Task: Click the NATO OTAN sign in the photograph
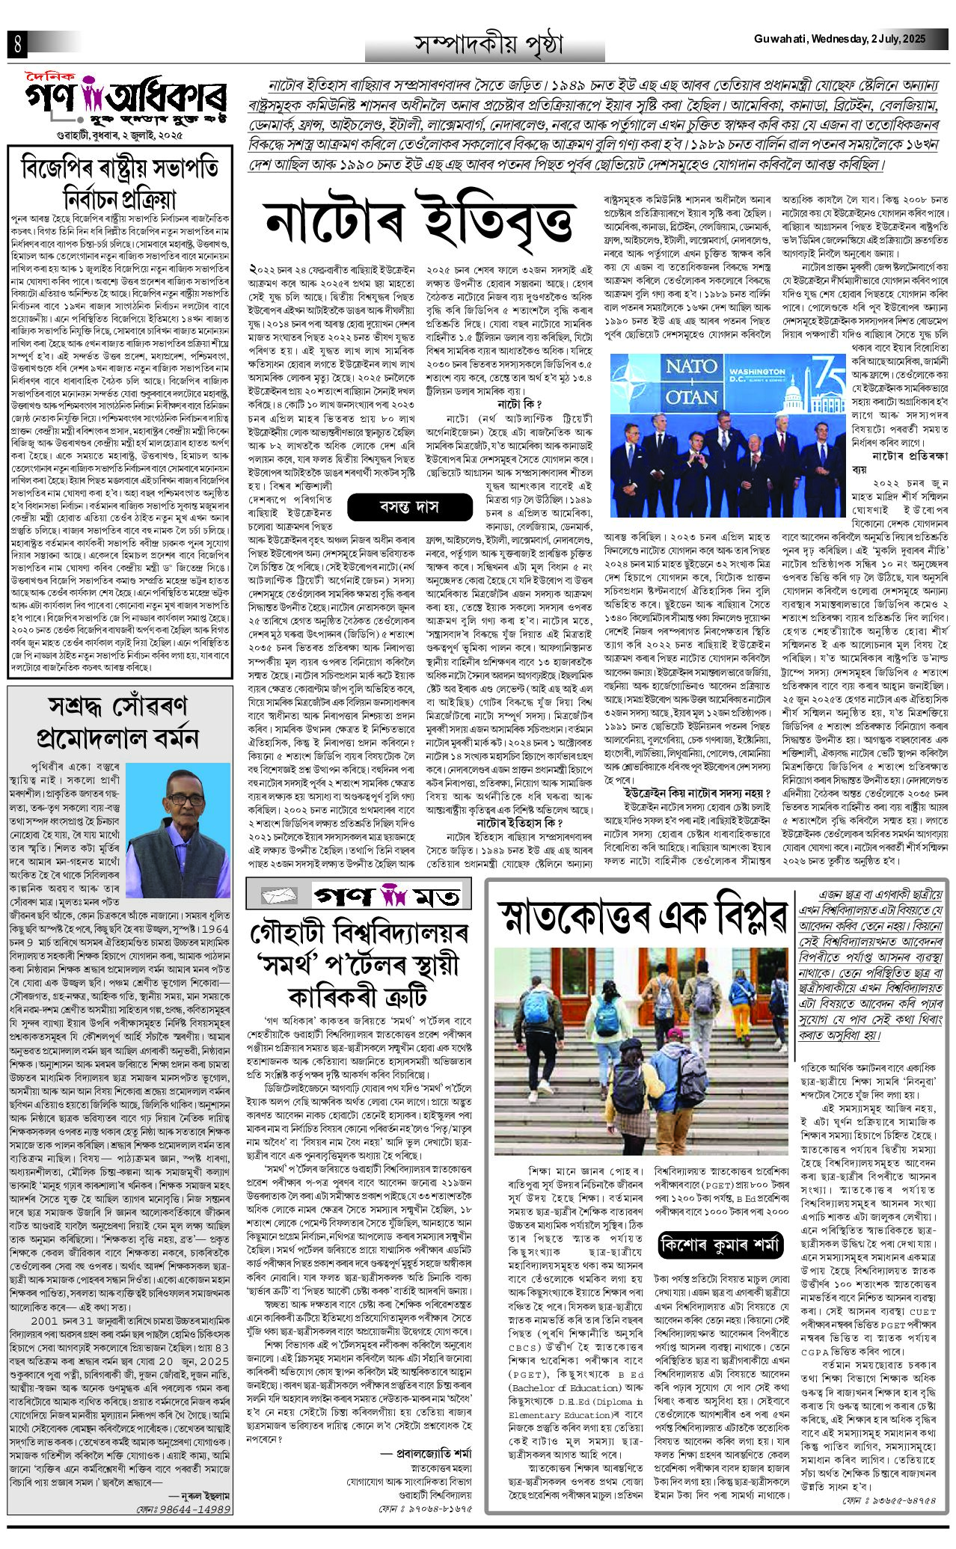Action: coord(671,381)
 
